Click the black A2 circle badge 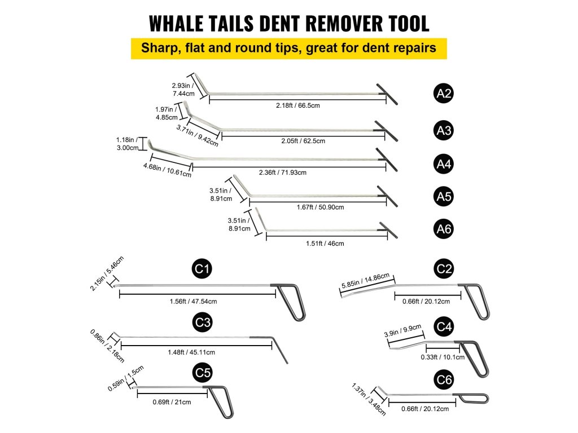[444, 94]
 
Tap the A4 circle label [444, 164]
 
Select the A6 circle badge [444, 229]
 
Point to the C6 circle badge [444, 381]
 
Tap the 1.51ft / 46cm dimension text [321, 244]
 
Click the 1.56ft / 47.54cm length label [193, 302]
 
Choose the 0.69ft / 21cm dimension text [172, 402]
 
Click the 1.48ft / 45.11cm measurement [191, 352]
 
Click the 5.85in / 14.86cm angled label [365, 281]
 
